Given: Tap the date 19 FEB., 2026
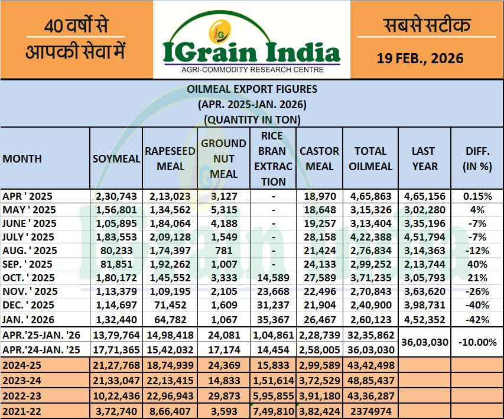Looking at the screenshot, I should click(x=420, y=59).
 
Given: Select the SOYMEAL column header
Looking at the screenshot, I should click(x=116, y=159).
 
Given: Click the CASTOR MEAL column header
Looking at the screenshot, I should click(x=319, y=159).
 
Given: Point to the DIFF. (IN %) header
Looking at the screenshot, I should click(x=477, y=159).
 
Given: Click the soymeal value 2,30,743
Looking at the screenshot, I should click(x=116, y=196).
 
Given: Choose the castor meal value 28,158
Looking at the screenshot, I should click(x=319, y=236).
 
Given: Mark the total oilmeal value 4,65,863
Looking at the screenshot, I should click(x=370, y=196).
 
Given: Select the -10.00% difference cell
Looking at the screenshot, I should click(x=477, y=342).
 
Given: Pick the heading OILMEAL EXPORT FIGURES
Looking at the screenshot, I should click(x=252, y=90).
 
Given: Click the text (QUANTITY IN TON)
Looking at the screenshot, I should click(x=252, y=119).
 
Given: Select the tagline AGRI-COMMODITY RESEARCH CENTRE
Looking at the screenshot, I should click(x=252, y=70).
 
